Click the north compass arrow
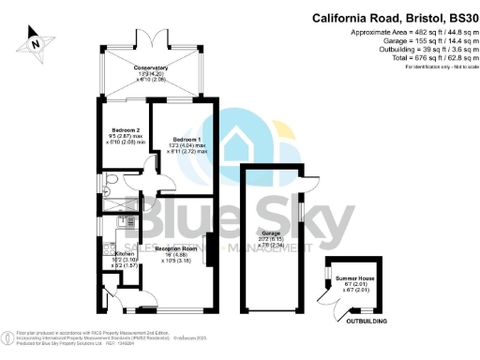35,41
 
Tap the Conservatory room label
150,68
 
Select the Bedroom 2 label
125,130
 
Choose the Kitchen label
125,253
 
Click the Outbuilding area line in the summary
424,50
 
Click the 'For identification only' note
436,67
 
